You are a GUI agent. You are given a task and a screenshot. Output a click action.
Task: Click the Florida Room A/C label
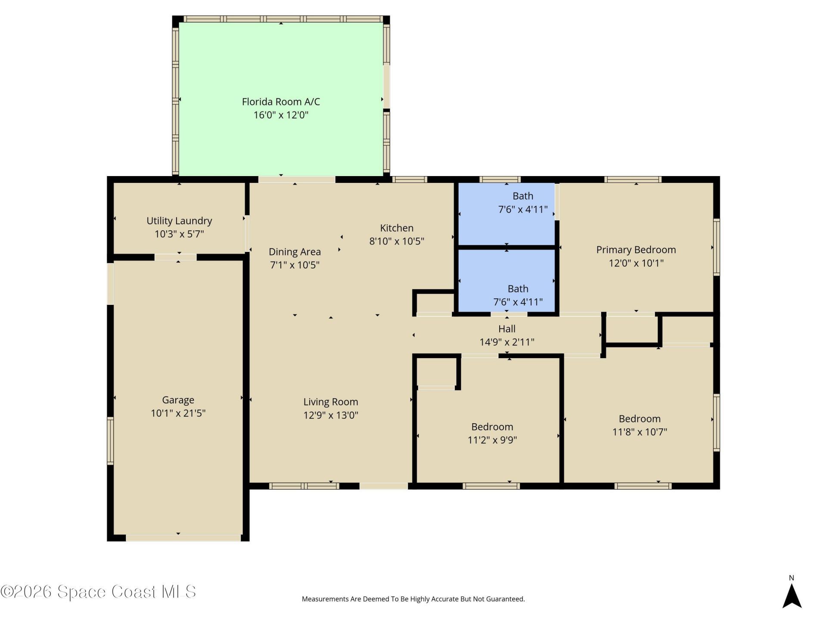click(281, 102)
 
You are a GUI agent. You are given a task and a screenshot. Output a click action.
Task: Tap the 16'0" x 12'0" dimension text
click(281, 115)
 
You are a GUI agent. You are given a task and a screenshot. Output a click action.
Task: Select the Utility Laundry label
click(179, 221)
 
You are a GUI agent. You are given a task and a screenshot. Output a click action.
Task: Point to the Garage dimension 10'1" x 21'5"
click(178, 413)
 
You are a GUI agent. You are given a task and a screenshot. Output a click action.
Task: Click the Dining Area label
click(295, 252)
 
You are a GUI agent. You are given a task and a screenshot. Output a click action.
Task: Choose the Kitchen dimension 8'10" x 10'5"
click(397, 241)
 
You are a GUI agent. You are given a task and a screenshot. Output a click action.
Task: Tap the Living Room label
click(330, 402)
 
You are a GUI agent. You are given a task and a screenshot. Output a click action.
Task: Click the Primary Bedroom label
click(636, 250)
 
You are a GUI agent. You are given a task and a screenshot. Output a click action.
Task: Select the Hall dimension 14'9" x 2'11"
click(507, 342)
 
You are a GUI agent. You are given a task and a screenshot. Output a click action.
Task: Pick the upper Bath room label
click(522, 196)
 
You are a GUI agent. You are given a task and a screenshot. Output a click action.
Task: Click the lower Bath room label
click(518, 289)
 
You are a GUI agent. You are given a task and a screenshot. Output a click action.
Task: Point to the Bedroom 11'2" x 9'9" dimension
click(492, 440)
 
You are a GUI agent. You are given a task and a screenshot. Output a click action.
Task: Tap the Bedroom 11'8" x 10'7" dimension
click(640, 432)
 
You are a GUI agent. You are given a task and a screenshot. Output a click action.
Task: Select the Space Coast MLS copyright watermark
click(98, 592)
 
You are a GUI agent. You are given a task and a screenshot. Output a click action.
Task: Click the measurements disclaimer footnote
click(413, 599)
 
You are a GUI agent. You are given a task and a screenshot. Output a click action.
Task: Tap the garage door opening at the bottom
click(183, 538)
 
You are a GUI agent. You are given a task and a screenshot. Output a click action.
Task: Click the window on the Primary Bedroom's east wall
click(716, 247)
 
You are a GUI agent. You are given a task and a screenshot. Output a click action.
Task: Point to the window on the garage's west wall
click(110, 440)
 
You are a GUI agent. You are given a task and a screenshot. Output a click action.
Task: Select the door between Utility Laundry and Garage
click(175, 257)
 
